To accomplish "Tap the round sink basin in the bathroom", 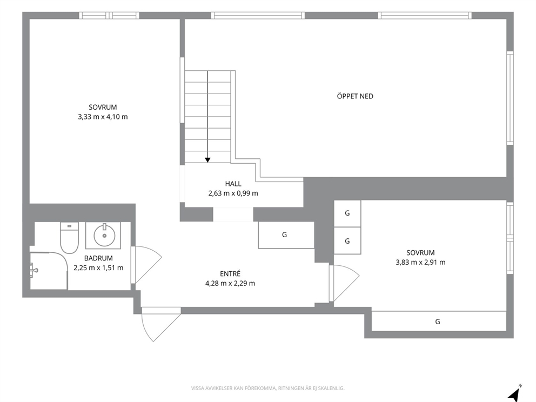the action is (x=105, y=235).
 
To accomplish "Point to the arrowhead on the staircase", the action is (x=207, y=160).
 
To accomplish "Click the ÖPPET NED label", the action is (x=355, y=96).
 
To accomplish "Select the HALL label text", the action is (x=233, y=184).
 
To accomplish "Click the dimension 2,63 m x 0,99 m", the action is (x=233, y=193).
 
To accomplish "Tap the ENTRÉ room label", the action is (x=230, y=273).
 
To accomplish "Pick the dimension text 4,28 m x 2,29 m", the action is (x=230, y=283).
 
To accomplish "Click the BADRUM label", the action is (x=98, y=258).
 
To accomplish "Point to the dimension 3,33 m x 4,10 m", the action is (x=103, y=117).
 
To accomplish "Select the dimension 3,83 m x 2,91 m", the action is (x=420, y=262).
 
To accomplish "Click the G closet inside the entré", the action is (x=286, y=235).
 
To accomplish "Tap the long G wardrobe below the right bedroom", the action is (x=439, y=321).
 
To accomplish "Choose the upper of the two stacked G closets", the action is (x=347, y=213).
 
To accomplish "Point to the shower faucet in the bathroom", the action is (x=33, y=270).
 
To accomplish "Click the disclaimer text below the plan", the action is (x=267, y=388).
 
